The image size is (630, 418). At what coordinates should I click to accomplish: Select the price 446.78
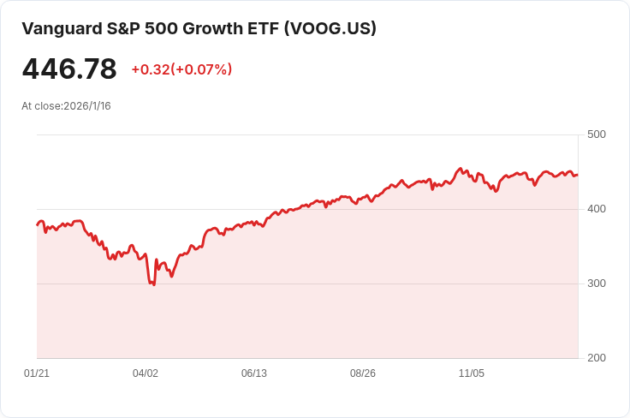(x=69, y=69)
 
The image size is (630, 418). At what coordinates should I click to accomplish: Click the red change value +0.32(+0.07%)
(x=181, y=69)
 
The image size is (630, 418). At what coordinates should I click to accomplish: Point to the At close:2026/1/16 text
(x=66, y=106)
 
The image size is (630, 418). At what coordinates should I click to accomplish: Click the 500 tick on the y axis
(x=597, y=134)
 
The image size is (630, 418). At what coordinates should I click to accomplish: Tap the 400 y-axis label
(x=597, y=209)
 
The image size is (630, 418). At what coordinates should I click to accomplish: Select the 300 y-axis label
(x=597, y=284)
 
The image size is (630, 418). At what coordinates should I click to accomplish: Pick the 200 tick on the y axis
(x=597, y=358)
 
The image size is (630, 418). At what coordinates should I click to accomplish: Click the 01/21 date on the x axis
(x=37, y=373)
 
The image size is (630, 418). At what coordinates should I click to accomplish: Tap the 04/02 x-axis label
(x=146, y=373)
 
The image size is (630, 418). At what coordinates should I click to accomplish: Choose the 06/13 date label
(x=254, y=373)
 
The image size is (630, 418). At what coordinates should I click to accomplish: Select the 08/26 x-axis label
(x=363, y=373)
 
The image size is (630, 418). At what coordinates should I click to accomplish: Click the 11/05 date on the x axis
(x=472, y=373)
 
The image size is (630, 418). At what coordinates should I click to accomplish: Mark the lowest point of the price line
(x=154, y=284)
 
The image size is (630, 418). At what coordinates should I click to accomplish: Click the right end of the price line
(x=578, y=175)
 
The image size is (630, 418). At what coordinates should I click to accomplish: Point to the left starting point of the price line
(x=37, y=224)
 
